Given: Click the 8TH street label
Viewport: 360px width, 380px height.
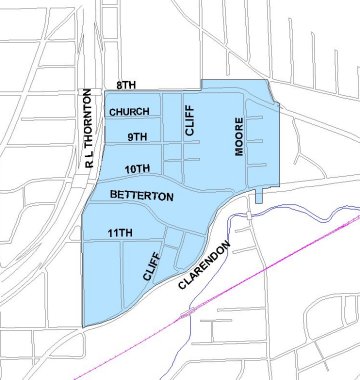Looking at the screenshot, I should (126, 86).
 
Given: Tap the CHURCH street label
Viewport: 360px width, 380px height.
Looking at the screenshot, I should (130, 111).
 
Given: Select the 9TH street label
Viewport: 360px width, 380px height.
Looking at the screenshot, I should (137, 135).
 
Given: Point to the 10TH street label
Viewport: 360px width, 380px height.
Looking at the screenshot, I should (138, 167).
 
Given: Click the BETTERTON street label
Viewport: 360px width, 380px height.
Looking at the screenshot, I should (142, 196).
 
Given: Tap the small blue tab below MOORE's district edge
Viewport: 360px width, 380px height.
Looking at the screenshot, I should (258, 196).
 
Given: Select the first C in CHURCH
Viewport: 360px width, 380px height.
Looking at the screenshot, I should (113, 111).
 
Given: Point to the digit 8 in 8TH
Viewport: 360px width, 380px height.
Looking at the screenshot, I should (118, 86).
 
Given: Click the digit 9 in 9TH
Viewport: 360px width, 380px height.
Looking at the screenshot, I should (129, 135).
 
